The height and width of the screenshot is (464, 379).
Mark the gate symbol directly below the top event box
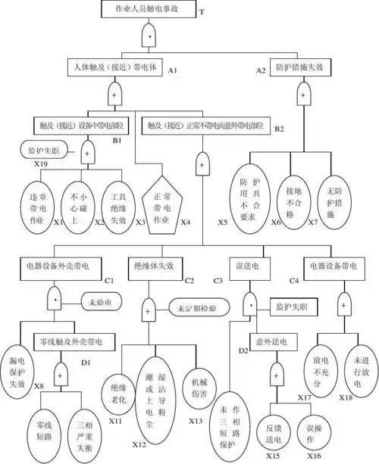pos(147,36)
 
